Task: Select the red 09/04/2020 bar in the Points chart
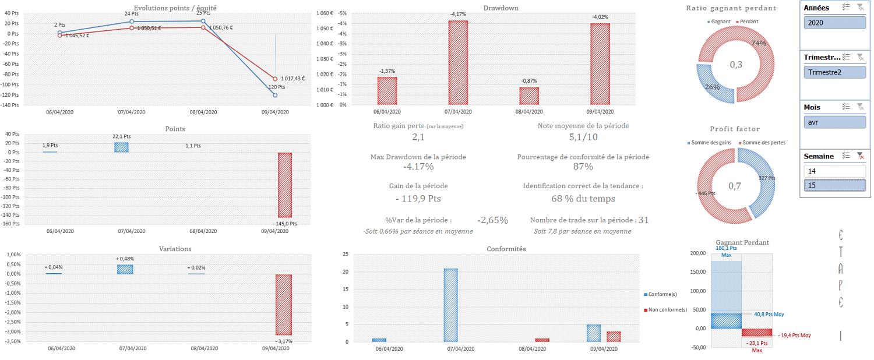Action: coord(285,185)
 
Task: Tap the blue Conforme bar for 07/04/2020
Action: coord(450,305)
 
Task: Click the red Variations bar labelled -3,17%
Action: coord(284,305)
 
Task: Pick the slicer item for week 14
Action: coord(834,171)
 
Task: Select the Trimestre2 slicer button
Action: coord(834,72)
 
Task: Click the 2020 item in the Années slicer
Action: coord(834,23)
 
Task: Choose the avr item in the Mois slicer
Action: coord(834,122)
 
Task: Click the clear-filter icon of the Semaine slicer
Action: coord(860,156)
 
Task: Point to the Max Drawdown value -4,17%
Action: coord(418,167)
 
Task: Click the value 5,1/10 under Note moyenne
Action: coord(583,137)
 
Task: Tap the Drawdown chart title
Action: coord(501,8)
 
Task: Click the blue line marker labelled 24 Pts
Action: coord(132,22)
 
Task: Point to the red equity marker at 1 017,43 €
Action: coord(274,79)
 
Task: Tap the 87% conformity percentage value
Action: coord(583,167)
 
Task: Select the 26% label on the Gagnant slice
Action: coord(712,87)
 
